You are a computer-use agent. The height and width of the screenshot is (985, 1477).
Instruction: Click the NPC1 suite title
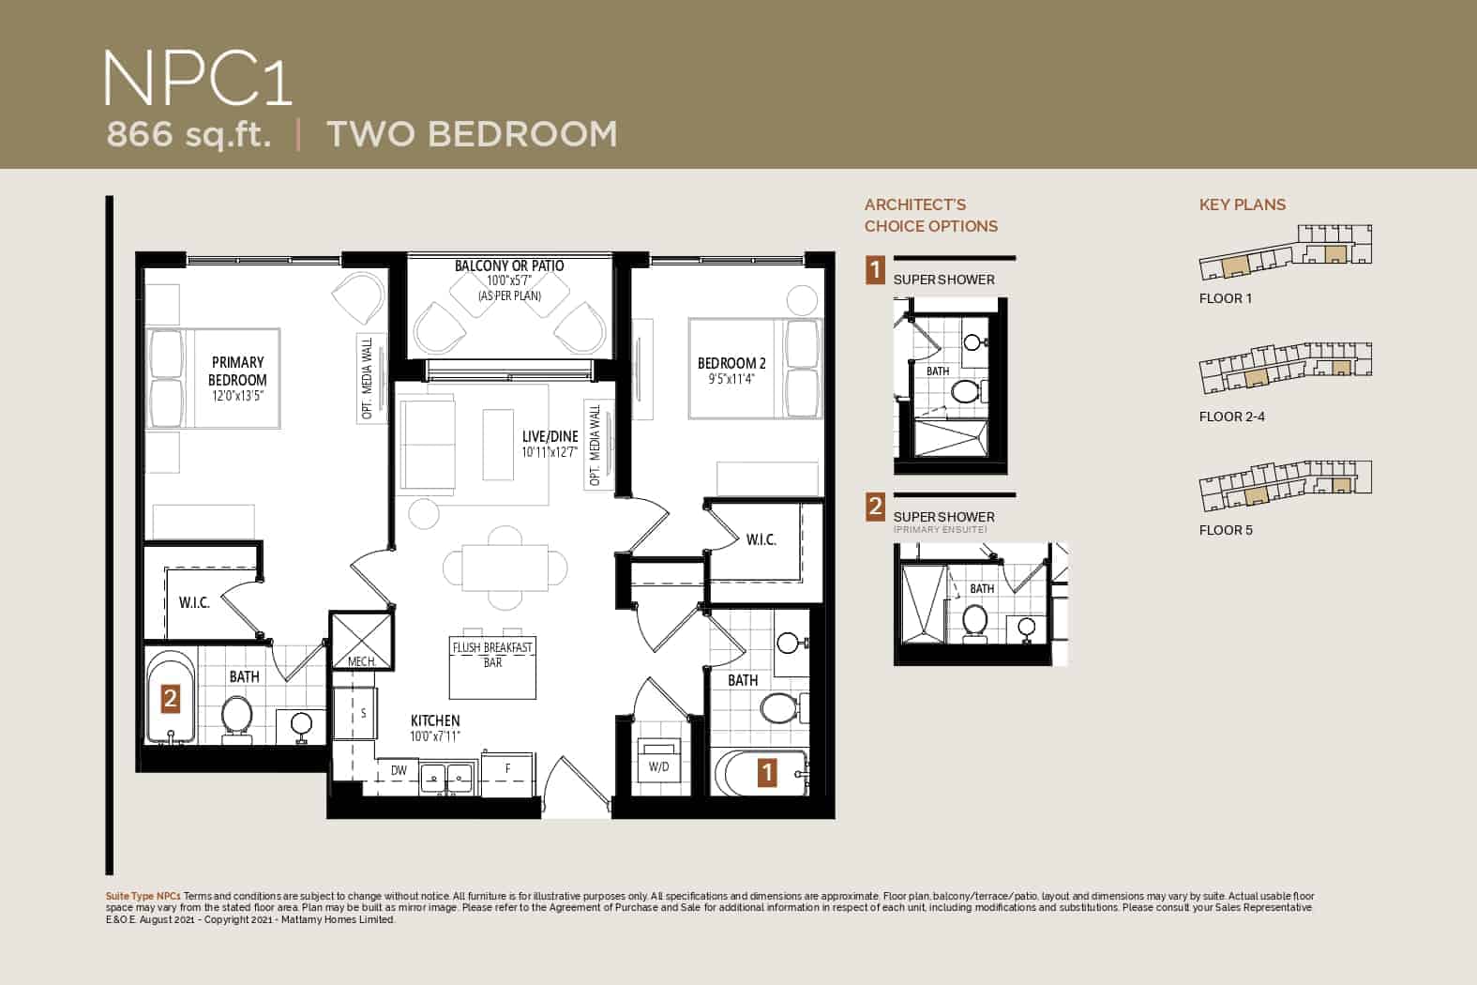tap(197, 79)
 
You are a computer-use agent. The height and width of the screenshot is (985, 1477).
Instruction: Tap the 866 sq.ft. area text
tap(188, 134)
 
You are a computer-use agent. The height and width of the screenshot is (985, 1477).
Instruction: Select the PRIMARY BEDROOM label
tap(237, 371)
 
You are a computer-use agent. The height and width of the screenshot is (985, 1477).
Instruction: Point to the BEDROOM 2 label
tap(731, 363)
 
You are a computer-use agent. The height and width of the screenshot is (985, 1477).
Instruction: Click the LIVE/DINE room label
tap(550, 436)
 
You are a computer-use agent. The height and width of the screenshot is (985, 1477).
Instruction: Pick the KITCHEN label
tap(435, 720)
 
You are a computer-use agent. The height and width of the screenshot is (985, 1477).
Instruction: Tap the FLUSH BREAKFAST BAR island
tap(492, 667)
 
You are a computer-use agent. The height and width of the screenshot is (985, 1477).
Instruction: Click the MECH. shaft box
tap(362, 641)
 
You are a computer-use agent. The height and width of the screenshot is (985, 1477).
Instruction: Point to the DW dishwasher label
tap(399, 770)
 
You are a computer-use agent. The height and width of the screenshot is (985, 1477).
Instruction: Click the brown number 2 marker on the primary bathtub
tap(171, 698)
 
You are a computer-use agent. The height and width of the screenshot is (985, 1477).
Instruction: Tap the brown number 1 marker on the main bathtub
tap(766, 773)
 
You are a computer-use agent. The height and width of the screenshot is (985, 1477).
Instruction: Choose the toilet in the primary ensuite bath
tap(236, 720)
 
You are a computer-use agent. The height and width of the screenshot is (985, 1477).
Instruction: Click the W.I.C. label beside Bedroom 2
tap(761, 539)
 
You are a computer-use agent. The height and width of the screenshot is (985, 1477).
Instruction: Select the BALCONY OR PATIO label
tap(509, 265)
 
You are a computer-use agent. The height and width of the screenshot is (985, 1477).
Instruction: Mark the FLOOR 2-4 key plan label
tap(1231, 417)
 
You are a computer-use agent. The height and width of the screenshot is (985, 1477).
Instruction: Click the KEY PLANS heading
tap(1243, 205)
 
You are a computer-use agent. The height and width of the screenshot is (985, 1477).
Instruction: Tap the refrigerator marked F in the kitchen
tap(507, 774)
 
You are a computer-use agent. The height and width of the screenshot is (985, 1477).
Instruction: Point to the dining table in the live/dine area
tap(505, 568)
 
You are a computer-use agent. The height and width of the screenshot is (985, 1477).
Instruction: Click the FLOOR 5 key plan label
tap(1226, 530)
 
